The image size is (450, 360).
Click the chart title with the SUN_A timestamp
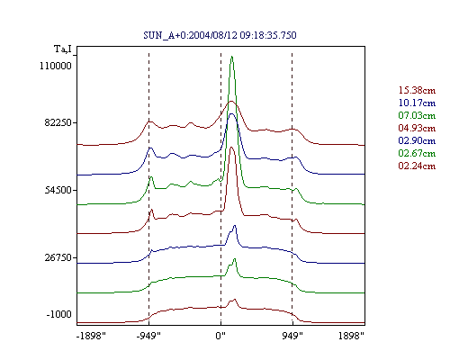click(x=220, y=35)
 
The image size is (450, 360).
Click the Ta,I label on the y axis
click(x=63, y=49)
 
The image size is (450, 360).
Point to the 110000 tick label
click(x=56, y=66)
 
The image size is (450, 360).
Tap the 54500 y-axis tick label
click(x=58, y=190)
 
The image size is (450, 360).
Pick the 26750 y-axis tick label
click(x=58, y=257)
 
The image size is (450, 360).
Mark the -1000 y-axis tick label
click(x=59, y=314)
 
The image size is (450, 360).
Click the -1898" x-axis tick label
click(x=91, y=336)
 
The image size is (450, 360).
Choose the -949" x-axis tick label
click(x=148, y=336)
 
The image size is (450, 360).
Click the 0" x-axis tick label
click(x=220, y=336)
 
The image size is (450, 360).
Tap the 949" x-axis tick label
click(x=292, y=336)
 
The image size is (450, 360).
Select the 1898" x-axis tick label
click(x=351, y=336)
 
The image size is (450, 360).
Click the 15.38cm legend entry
click(x=417, y=90)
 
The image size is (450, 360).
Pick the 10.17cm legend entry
click(x=417, y=103)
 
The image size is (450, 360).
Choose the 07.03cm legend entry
click(x=417, y=115)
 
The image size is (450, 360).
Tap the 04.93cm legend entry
click(x=417, y=128)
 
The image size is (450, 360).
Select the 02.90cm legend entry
click(x=417, y=140)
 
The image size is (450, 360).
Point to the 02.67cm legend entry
click(x=417, y=153)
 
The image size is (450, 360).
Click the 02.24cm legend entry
click(x=417, y=166)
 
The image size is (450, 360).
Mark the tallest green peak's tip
click(x=232, y=57)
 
